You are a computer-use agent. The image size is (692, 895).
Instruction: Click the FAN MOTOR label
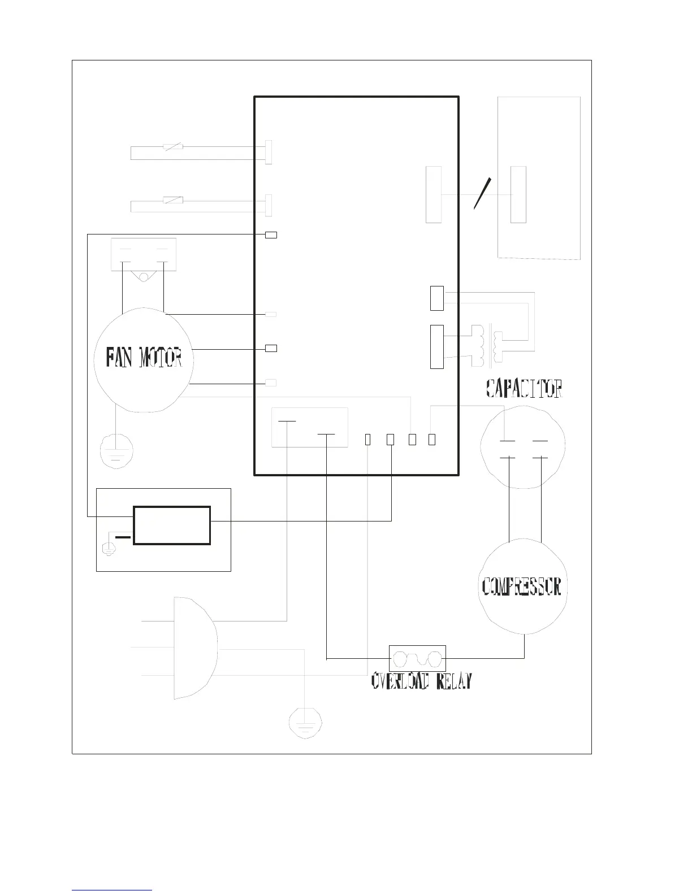(x=144, y=357)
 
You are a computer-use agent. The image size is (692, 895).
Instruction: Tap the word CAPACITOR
(x=524, y=388)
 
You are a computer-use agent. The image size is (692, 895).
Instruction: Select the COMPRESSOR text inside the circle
(x=522, y=586)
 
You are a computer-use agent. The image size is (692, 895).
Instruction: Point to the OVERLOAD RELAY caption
(x=422, y=681)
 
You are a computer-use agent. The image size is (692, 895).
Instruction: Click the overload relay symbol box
(x=417, y=659)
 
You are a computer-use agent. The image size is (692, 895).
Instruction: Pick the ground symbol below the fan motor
(x=116, y=451)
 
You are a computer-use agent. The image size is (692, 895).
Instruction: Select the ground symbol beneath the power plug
(x=305, y=723)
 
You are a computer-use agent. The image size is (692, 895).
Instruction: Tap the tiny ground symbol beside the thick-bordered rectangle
(x=108, y=549)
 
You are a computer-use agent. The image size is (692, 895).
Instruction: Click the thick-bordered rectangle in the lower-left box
(x=172, y=525)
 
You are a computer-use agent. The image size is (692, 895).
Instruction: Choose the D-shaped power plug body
(x=196, y=648)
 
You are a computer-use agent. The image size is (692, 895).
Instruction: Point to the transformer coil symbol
(x=487, y=346)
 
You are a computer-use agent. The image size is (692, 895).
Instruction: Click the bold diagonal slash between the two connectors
(x=482, y=194)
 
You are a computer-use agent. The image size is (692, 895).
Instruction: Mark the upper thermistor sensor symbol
(x=173, y=147)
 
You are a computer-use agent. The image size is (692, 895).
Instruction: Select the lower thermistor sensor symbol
(x=173, y=200)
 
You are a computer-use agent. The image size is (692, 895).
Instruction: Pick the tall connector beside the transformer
(x=437, y=347)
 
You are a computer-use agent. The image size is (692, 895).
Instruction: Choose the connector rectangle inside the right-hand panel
(x=518, y=194)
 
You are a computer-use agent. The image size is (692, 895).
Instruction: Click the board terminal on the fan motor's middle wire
(x=271, y=348)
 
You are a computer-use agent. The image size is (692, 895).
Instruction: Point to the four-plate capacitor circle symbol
(x=522, y=447)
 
